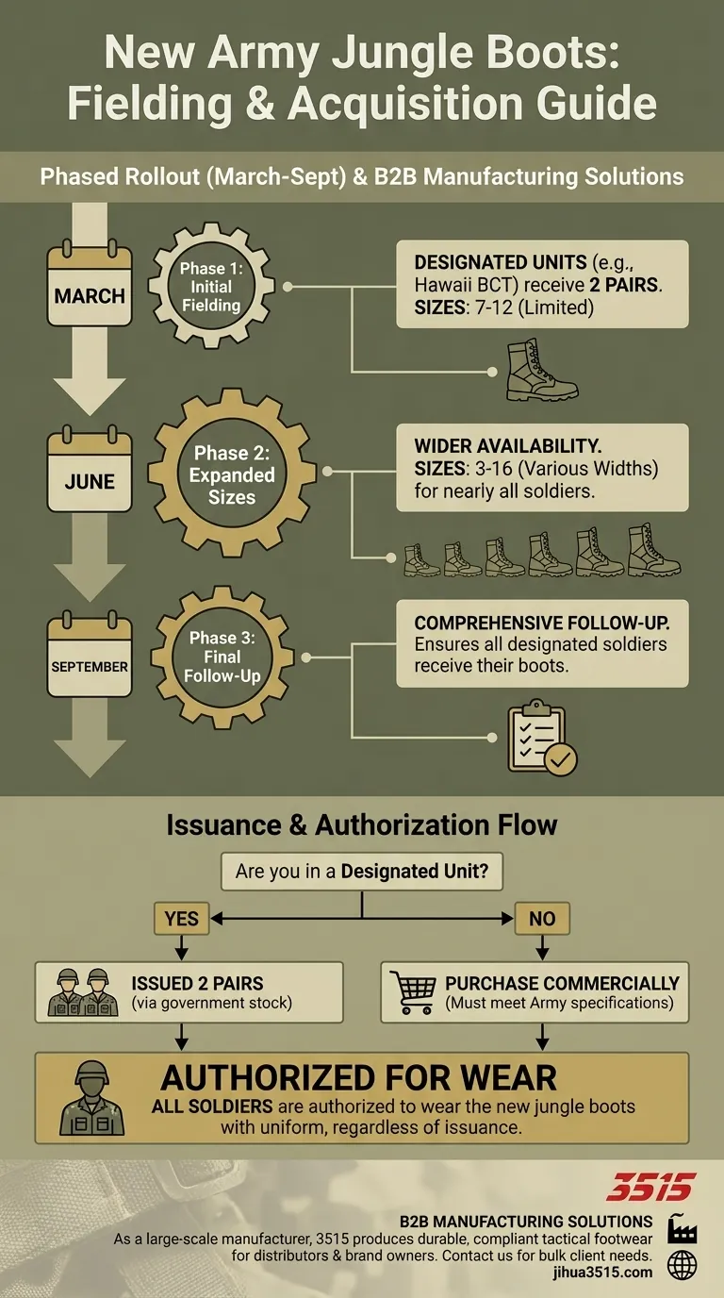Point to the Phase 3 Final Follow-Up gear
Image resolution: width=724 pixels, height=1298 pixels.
click(x=222, y=656)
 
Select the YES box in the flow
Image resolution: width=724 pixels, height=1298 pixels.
click(x=182, y=918)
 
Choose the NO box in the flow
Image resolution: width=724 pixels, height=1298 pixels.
click(x=542, y=918)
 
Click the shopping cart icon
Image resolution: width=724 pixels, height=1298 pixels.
click(x=412, y=992)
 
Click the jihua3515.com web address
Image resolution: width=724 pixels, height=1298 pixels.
click(x=612, y=1273)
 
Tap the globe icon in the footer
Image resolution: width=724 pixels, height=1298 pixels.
click(x=682, y=1266)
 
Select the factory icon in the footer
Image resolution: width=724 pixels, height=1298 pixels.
click(x=682, y=1228)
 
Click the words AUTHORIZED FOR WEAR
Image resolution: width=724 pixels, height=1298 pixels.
click(x=359, y=1077)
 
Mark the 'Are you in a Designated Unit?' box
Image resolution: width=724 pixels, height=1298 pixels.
click(x=362, y=872)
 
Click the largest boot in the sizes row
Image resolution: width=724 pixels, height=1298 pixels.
click(x=652, y=552)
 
